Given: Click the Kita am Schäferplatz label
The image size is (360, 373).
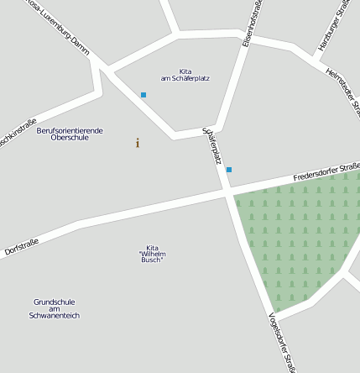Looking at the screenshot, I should (x=185, y=75).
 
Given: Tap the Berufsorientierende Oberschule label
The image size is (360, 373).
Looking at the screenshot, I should (x=70, y=134).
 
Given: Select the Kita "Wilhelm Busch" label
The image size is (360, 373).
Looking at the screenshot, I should (x=152, y=254).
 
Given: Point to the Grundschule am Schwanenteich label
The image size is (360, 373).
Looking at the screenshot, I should (x=55, y=308).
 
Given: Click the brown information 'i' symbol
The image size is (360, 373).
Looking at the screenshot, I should (x=138, y=143).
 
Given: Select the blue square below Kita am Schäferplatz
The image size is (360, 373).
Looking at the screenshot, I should (x=143, y=95).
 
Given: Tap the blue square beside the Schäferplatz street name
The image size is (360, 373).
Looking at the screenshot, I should (x=228, y=170).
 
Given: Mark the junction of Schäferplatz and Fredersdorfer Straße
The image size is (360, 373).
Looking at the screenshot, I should (x=227, y=195).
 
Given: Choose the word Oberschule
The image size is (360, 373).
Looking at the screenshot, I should (x=70, y=138).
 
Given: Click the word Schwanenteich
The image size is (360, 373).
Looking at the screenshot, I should (x=55, y=316).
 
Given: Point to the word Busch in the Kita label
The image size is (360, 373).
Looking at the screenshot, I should (x=152, y=260).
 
